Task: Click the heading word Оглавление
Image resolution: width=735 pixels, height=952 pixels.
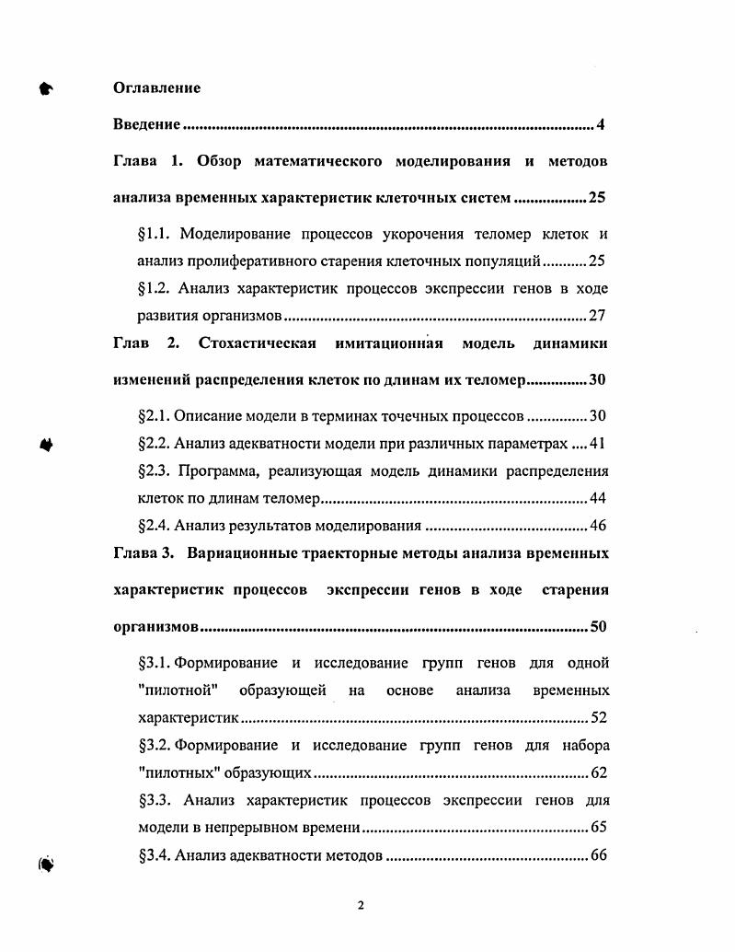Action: coord(156,88)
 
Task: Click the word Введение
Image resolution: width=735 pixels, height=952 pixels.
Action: coord(146,124)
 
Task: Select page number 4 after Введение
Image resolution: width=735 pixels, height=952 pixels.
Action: coord(601,124)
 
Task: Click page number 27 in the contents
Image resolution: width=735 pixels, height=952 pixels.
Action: coord(597,316)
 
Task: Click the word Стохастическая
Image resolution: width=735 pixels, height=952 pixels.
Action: coord(258,343)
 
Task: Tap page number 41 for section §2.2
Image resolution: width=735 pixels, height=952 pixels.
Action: coord(597,443)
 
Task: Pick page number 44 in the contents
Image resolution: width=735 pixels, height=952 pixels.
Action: coord(597,499)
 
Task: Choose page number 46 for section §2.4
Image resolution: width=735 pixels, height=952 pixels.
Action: coord(597,527)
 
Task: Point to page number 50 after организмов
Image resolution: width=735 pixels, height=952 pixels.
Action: coord(598,627)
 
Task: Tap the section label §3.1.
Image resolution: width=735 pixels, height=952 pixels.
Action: coord(154,663)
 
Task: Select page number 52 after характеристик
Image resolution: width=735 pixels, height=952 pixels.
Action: coord(597,718)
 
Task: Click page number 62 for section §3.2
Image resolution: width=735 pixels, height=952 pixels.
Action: coord(597,773)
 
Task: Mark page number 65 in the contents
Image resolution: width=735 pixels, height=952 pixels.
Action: coord(597,828)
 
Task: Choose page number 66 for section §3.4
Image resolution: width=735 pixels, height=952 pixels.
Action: coord(598,855)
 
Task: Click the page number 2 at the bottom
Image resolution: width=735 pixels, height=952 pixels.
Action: coord(361,905)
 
